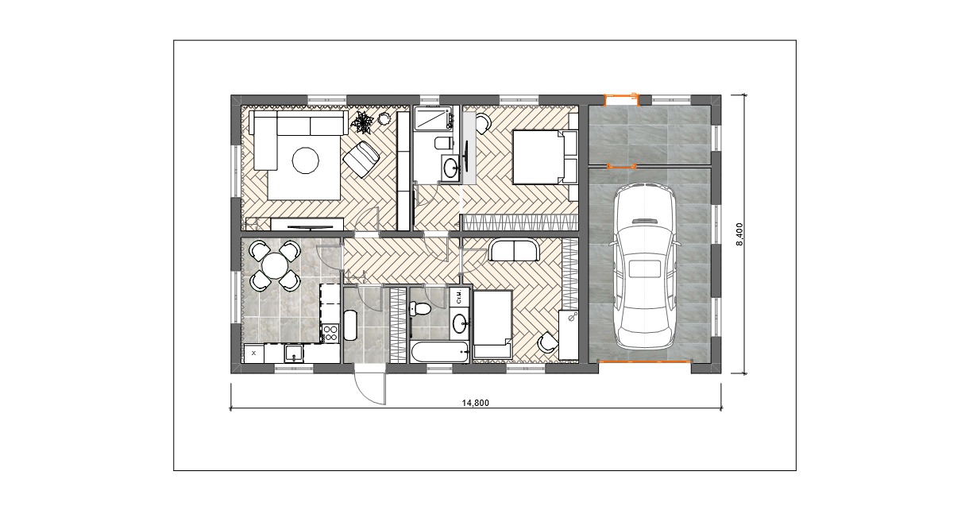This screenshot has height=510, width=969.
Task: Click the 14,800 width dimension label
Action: pos(476,404)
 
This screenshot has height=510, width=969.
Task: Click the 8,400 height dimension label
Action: pos(739,235)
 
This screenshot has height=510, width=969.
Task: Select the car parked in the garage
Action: pos(643,265)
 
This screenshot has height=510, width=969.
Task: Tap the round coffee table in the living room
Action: pos(306,161)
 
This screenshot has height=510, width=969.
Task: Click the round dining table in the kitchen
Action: pos(275,265)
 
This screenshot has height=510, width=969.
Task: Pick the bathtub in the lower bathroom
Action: pos(440,352)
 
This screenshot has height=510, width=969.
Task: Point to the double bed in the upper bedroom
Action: pos(545,157)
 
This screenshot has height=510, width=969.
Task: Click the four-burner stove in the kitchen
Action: pos(331,333)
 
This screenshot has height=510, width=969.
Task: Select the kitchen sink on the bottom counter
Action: pos(294,354)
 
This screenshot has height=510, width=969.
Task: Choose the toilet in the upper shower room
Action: pos(443,143)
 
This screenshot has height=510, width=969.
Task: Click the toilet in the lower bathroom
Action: pos(419,309)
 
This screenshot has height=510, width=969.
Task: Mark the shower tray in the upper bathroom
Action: pos(433,118)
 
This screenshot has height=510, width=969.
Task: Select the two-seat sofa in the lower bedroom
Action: pos(515,250)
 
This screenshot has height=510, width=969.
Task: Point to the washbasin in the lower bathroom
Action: pos(460,323)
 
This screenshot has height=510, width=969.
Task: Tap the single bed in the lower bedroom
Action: pos(492,323)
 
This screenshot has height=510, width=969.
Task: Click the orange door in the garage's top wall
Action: pos(622,99)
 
